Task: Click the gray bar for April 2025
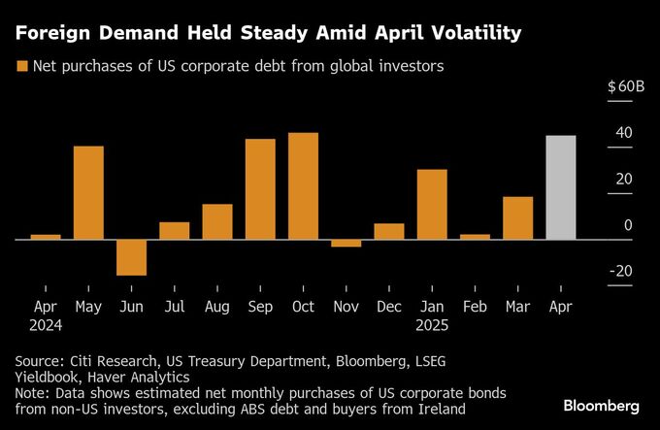561,186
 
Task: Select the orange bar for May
88,192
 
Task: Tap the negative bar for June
131,256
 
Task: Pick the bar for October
303,185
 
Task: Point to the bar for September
260,188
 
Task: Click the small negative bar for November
346,243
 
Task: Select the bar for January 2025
432,204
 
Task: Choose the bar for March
517,217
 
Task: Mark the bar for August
217,221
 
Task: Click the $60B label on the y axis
626,86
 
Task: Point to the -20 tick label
621,271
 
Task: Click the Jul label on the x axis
174,307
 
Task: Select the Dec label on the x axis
388,307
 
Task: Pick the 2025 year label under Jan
432,325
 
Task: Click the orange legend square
20,67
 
